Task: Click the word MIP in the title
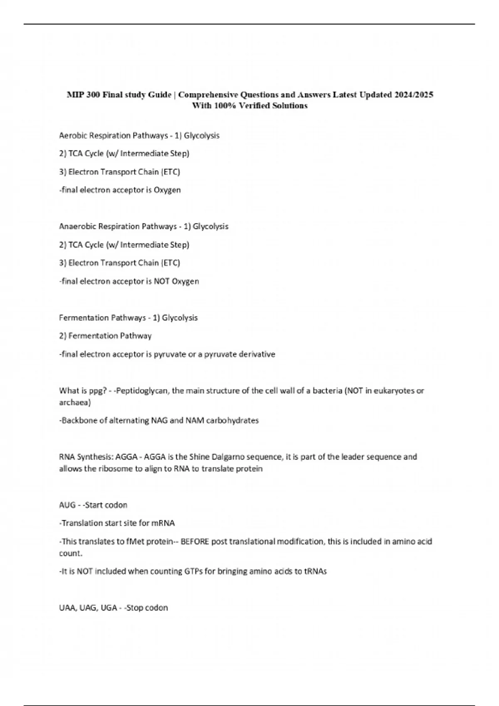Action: click(x=75, y=95)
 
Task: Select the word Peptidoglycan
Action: click(x=143, y=390)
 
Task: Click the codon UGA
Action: click(x=109, y=608)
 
